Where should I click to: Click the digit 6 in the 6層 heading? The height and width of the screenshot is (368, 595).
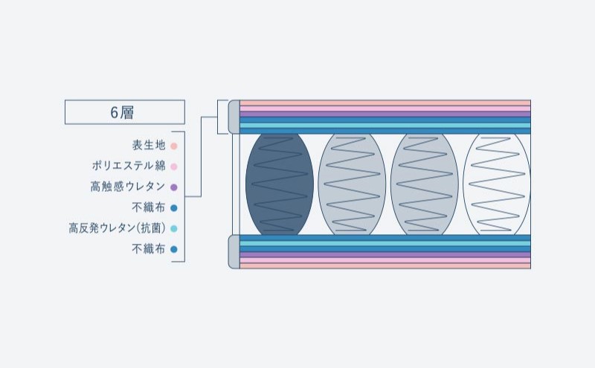click(x=115, y=112)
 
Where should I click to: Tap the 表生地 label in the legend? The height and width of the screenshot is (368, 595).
click(x=149, y=146)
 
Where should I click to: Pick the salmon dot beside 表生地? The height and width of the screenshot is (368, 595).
click(x=173, y=146)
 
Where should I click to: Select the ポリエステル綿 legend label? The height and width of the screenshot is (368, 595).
click(x=129, y=167)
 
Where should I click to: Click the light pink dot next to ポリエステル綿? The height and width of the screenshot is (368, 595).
click(x=173, y=167)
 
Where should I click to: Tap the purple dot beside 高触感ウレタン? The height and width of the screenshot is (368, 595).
click(x=173, y=187)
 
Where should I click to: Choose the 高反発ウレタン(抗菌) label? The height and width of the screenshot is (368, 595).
click(x=118, y=229)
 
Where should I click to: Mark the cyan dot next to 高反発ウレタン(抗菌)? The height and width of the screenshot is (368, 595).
click(x=173, y=229)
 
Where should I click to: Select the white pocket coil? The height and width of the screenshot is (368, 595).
click(x=497, y=184)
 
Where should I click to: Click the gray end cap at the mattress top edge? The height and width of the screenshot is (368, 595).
click(x=234, y=117)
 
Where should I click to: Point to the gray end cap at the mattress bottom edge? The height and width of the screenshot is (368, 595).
click(x=234, y=251)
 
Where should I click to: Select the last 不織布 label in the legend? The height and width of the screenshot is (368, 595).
click(x=149, y=250)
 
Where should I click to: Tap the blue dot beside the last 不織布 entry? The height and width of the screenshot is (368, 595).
click(x=173, y=250)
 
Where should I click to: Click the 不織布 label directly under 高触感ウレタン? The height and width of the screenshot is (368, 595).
click(x=149, y=208)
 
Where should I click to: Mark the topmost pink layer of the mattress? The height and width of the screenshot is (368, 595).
click(x=385, y=103)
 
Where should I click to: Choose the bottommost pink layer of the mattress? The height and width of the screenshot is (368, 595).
click(x=385, y=265)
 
